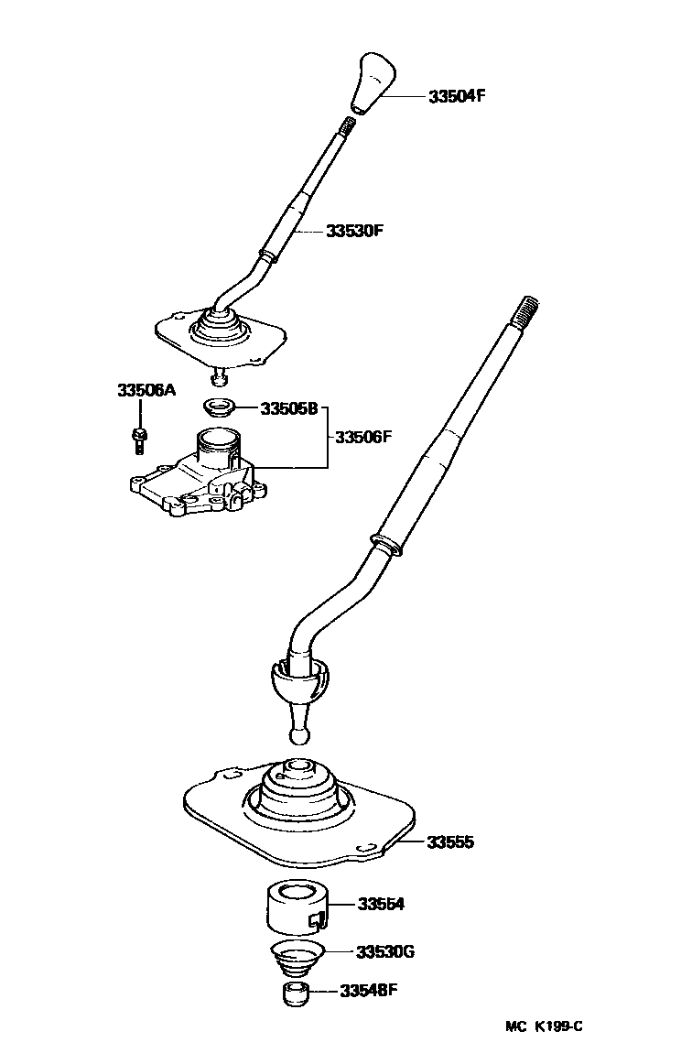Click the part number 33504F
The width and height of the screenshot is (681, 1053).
coord(457,96)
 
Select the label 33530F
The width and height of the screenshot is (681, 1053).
coord(354,231)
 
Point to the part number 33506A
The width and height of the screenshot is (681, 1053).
coord(146,390)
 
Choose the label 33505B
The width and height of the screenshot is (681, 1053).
coord(289,408)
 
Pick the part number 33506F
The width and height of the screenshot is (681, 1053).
coord(362,437)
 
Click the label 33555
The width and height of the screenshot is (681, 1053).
coord(450,842)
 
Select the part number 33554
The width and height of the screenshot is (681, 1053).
coord(381,905)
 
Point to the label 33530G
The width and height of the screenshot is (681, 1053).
coord(384,951)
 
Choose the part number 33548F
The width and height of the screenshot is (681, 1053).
coord(368,991)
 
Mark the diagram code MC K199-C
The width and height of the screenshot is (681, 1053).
coord(544,1026)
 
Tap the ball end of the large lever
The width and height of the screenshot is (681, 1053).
coord(299,736)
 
